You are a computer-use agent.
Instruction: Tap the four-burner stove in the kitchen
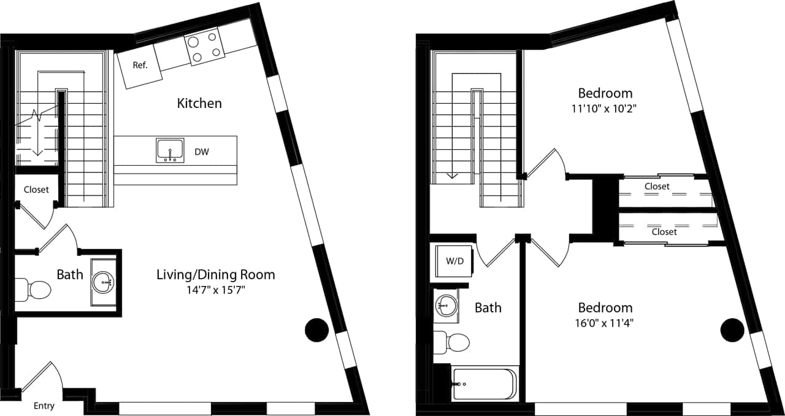coord(204,47)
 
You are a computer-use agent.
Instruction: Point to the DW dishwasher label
coord(202,152)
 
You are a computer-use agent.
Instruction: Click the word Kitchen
coord(199,103)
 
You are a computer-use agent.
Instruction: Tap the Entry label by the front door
coord(44,406)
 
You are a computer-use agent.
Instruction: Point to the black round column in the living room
coord(316,330)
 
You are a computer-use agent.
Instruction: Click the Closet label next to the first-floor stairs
coord(36,190)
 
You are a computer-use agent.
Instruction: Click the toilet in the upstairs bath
coord(451,342)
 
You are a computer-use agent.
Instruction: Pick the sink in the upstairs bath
coord(447,304)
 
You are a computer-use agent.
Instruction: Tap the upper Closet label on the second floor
coord(657,186)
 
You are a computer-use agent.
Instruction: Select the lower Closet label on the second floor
coord(664,232)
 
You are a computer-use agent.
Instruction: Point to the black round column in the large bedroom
coord(732,330)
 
